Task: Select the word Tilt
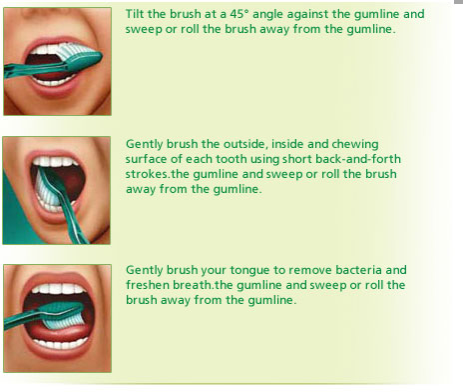135,14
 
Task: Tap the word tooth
231,159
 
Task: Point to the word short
297,159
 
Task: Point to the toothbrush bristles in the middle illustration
47,191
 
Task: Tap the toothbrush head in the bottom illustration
64,315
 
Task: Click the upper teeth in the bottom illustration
59,289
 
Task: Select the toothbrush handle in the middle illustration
72,213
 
